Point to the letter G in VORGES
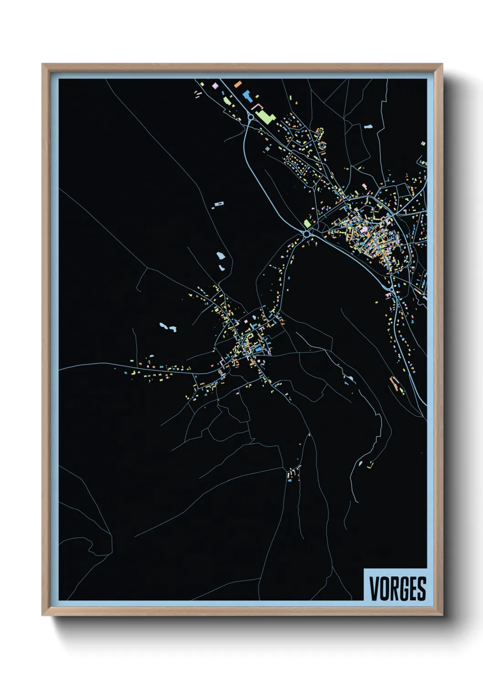point(402,589)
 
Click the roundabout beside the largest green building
point(251,117)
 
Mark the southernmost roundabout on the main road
point(391,290)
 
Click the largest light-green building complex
point(263,115)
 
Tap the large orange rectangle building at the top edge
point(237,84)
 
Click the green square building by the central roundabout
point(307,223)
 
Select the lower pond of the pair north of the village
point(222,268)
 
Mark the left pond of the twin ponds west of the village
point(163,326)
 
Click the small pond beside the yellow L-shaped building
point(361,463)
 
